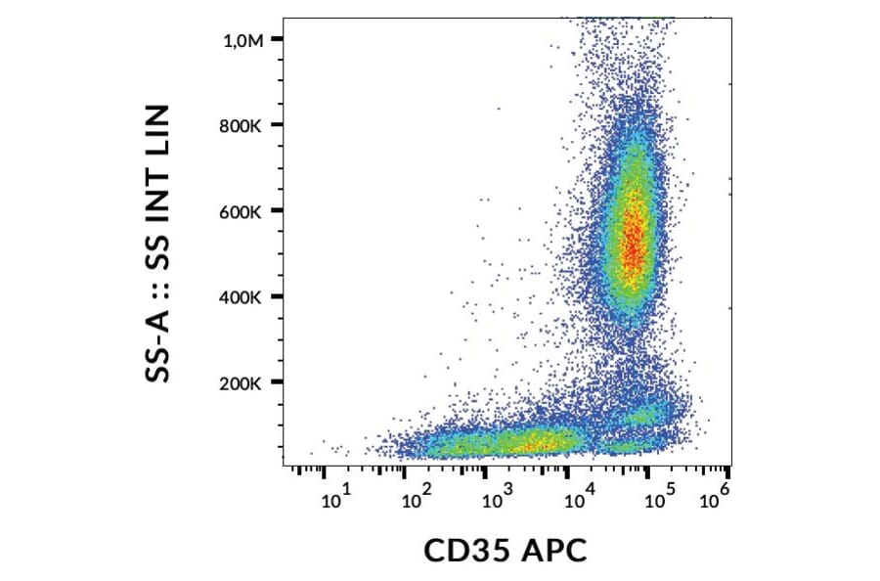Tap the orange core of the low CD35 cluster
click(x=533, y=445)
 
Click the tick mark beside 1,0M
click(x=277, y=38)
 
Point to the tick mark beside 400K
click(x=277, y=296)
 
